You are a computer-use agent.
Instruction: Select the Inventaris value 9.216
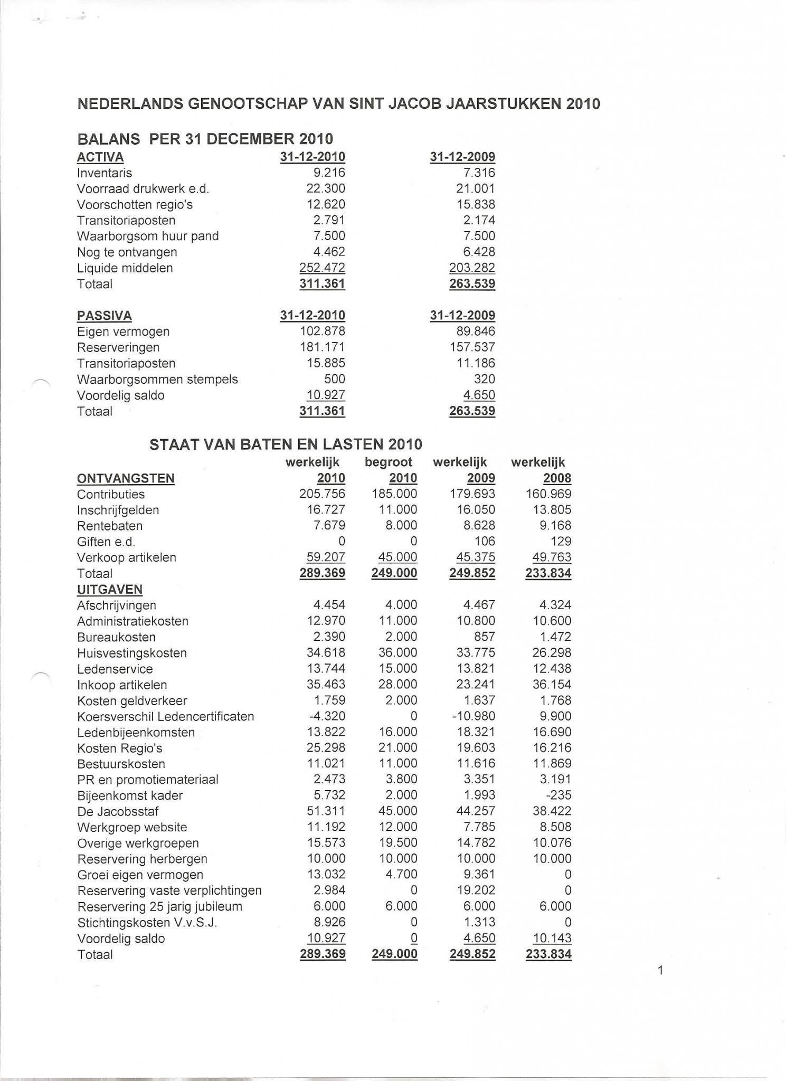click(x=329, y=173)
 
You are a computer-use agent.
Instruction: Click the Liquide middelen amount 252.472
click(x=322, y=268)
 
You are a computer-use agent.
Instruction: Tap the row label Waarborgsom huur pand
click(x=148, y=236)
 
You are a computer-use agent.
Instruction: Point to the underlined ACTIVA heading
click(x=100, y=157)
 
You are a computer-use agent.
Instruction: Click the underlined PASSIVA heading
click(x=105, y=316)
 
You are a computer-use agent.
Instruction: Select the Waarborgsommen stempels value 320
click(x=485, y=379)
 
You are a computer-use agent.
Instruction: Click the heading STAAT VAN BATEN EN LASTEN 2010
click(x=286, y=444)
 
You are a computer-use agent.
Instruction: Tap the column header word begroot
click(x=389, y=462)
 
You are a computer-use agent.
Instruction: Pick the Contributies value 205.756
click(x=322, y=494)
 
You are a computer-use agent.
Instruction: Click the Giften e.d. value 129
click(x=561, y=542)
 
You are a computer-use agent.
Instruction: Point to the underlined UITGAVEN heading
click(x=110, y=590)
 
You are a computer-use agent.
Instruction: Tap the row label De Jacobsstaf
click(x=118, y=811)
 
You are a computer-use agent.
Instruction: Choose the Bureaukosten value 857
click(x=485, y=637)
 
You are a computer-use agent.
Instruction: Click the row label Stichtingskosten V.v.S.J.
click(x=147, y=922)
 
